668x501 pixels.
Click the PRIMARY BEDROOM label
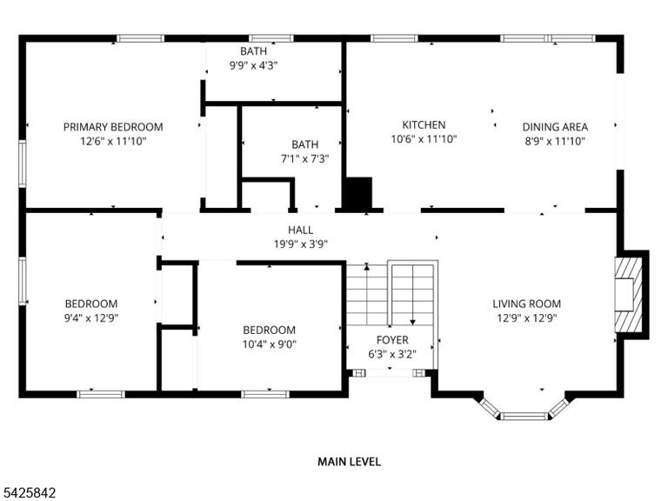pyautogui.click(x=113, y=127)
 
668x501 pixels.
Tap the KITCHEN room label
pyautogui.click(x=424, y=125)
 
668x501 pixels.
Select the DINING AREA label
pyautogui.click(x=555, y=127)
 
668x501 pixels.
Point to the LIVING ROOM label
pyautogui.click(x=526, y=304)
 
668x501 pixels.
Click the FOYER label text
pyautogui.click(x=392, y=340)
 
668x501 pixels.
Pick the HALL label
pyautogui.click(x=300, y=230)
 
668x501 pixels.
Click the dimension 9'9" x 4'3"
pyautogui.click(x=254, y=65)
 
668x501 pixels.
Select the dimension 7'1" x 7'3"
pyautogui.click(x=305, y=159)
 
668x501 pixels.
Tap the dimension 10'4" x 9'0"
pyautogui.click(x=270, y=344)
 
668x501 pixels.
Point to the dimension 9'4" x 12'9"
pyautogui.click(x=91, y=317)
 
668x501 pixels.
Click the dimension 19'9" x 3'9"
pyautogui.click(x=300, y=244)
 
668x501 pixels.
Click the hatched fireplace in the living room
pyautogui.click(x=628, y=295)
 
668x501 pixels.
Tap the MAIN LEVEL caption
pyautogui.click(x=349, y=461)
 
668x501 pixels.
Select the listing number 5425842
pyautogui.click(x=28, y=493)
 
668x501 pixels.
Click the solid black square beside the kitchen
pyautogui.click(x=357, y=193)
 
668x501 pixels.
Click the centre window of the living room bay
pyautogui.click(x=523, y=416)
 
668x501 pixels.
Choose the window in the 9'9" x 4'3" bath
pyautogui.click(x=271, y=38)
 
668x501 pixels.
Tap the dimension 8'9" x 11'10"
pyautogui.click(x=555, y=141)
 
